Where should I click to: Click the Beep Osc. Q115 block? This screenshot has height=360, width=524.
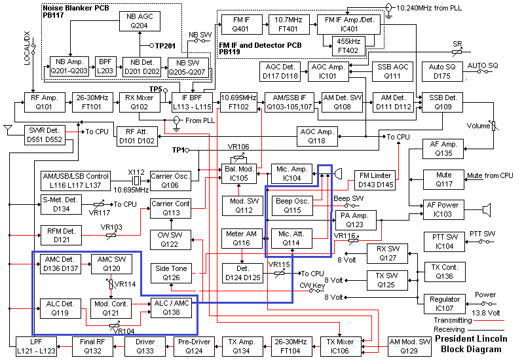[291, 205]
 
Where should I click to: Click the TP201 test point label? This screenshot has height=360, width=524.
[166, 46]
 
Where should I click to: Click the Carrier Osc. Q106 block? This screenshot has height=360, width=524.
[170, 180]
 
